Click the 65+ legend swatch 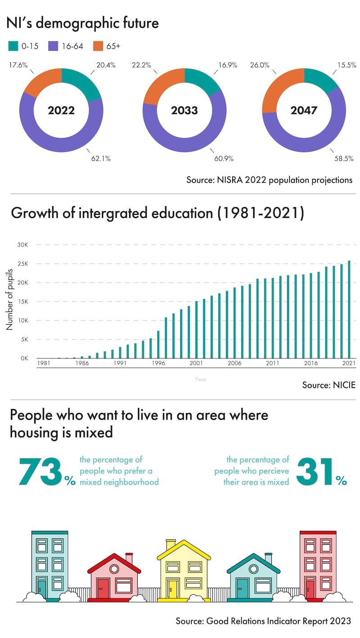pos(98,46)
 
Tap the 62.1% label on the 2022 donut pos(101,158)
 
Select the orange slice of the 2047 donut pos(274,92)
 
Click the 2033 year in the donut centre pos(184,110)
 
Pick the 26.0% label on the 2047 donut pos(260,65)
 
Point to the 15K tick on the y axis pos(22,302)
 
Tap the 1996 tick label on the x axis pos(158,363)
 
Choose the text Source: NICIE pos(328,385)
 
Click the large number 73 pos(40,471)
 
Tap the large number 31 pos(315,471)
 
